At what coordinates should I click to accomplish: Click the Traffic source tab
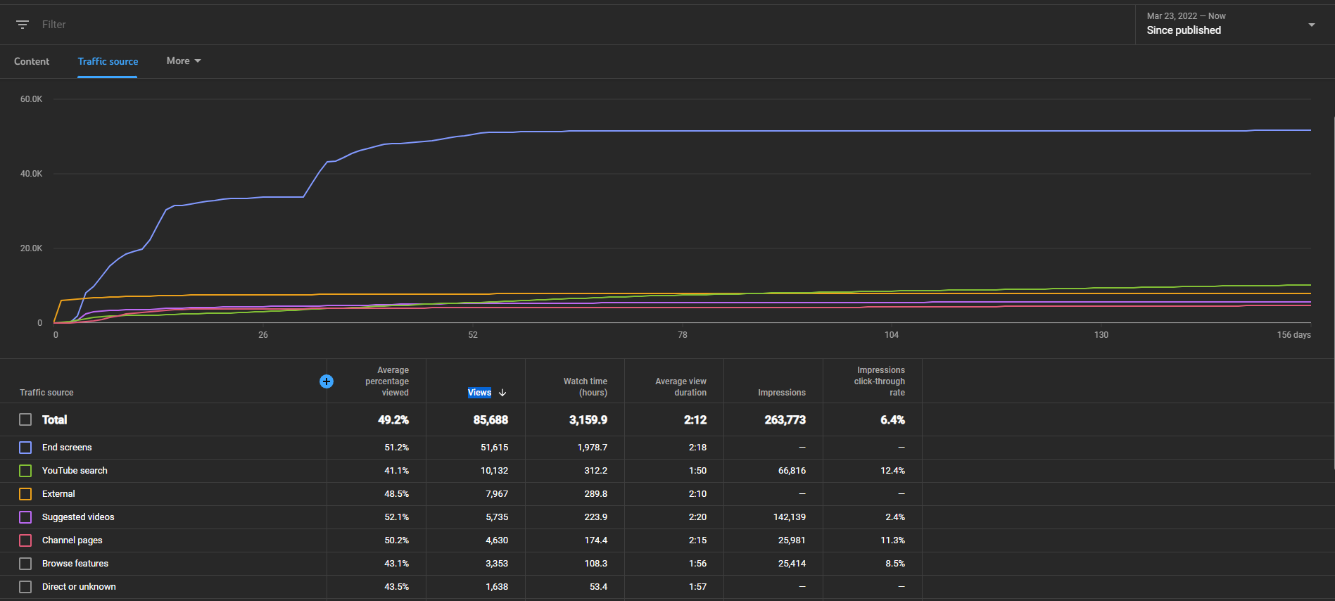108,61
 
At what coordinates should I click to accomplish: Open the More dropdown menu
184,61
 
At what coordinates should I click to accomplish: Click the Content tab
32,61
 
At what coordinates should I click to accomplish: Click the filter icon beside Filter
23,25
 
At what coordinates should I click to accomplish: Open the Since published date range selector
1231,25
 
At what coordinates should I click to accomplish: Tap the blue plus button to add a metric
327,381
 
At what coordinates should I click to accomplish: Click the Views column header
480,393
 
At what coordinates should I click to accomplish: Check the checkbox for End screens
25,448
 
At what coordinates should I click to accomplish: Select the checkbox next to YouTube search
25,471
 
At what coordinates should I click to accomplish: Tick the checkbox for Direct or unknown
25,587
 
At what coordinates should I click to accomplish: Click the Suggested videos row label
78,517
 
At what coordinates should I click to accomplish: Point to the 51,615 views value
495,448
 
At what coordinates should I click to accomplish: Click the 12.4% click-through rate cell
893,471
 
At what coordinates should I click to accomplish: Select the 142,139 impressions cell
790,517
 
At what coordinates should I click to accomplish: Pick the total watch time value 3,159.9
588,420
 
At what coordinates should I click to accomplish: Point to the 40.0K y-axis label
31,174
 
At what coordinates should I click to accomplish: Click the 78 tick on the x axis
683,335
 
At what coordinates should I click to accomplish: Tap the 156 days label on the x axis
1294,335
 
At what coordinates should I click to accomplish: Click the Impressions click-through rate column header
880,381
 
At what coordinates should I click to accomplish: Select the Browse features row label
75,564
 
